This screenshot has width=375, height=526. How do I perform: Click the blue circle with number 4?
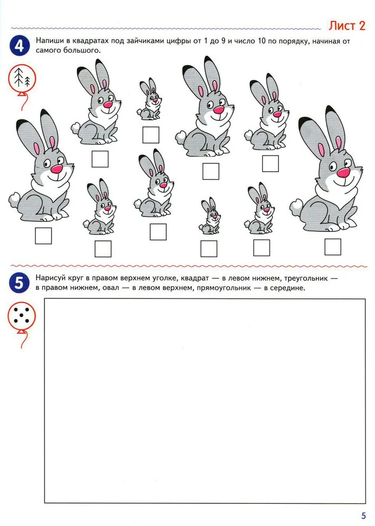click(x=20, y=45)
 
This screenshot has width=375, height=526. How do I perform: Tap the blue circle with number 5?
click(x=19, y=283)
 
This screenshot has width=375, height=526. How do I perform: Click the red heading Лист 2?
click(x=346, y=25)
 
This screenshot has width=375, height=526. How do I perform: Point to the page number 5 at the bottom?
click(x=363, y=515)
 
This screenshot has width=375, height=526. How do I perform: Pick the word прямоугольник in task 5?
click(x=224, y=288)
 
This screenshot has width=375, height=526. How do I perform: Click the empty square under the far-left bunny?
click(x=43, y=236)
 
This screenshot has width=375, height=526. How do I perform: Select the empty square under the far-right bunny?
click(x=333, y=247)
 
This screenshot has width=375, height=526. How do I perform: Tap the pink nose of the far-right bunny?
click(x=343, y=173)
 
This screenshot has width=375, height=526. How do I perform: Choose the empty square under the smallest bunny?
click(x=209, y=249)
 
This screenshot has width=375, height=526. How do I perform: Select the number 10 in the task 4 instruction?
click(x=261, y=41)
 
